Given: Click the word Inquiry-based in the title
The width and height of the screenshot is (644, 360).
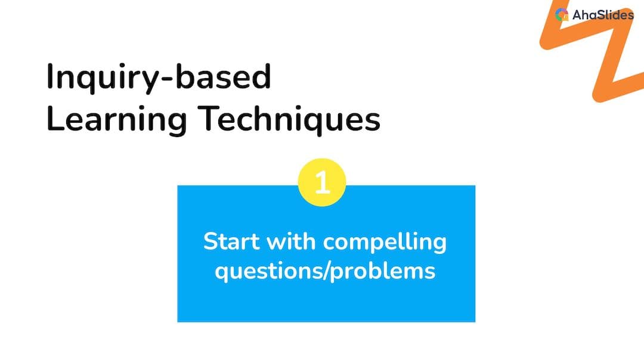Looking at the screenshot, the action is pos(159,78).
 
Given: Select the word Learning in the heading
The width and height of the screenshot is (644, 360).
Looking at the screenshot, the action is pos(117,120).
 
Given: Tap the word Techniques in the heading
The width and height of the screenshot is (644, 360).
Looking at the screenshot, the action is pos(289,119).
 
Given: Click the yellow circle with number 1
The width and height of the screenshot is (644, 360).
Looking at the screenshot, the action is pos(322,182).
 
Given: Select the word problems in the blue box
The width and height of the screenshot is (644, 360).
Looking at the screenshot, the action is pos(382,272).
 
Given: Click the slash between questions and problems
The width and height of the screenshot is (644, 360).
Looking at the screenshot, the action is pos(327,271).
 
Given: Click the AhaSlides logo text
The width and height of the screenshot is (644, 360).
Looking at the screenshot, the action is pos(603,15).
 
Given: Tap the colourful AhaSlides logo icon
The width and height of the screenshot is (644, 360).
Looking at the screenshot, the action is pos(562,15).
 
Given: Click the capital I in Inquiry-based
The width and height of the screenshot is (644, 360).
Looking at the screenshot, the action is pos(49,76).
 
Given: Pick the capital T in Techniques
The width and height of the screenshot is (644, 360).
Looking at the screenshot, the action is pos(208,118).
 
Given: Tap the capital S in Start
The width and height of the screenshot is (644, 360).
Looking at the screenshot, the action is pos(211,241).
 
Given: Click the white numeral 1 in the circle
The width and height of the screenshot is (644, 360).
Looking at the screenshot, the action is pos(322,182).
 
